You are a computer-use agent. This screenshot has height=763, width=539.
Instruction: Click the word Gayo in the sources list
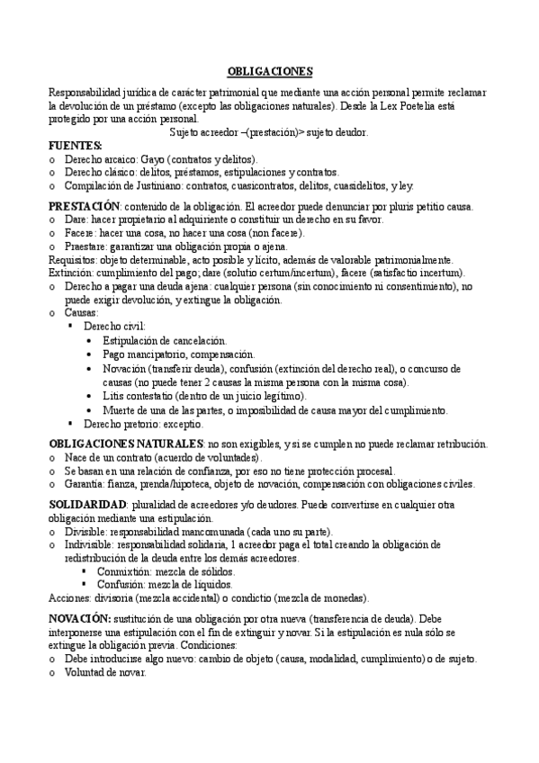point(154,158)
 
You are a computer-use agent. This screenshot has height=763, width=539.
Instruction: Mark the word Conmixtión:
point(121,571)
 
